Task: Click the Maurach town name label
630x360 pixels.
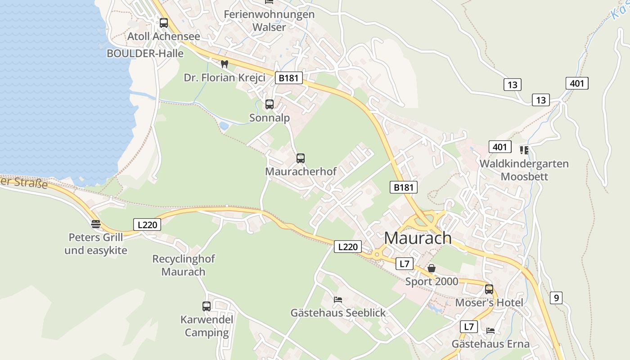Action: (418, 238)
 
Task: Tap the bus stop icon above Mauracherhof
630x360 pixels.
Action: (301, 158)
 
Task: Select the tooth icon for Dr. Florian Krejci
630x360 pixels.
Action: (224, 64)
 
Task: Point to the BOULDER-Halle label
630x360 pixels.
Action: (145, 54)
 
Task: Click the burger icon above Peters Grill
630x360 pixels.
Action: (95, 224)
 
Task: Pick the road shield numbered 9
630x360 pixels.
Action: (556, 298)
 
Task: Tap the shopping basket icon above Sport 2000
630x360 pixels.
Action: (432, 269)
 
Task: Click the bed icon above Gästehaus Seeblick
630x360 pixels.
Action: (338, 299)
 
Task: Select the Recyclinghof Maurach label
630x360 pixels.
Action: (184, 265)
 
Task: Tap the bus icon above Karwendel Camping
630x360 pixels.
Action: (207, 306)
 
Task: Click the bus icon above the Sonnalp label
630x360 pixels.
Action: (270, 104)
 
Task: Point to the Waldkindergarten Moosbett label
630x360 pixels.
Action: (524, 170)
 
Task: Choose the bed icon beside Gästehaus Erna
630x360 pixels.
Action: (490, 331)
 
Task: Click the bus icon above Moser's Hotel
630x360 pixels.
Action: (489, 289)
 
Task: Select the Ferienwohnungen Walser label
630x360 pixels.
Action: (269, 21)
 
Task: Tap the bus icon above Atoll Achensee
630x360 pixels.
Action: (164, 22)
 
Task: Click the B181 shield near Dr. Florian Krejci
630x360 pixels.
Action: (288, 78)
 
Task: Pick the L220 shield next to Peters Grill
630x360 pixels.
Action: (147, 225)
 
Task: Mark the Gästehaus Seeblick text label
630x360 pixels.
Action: (338, 313)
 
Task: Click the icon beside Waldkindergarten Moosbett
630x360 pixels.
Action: (524, 150)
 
